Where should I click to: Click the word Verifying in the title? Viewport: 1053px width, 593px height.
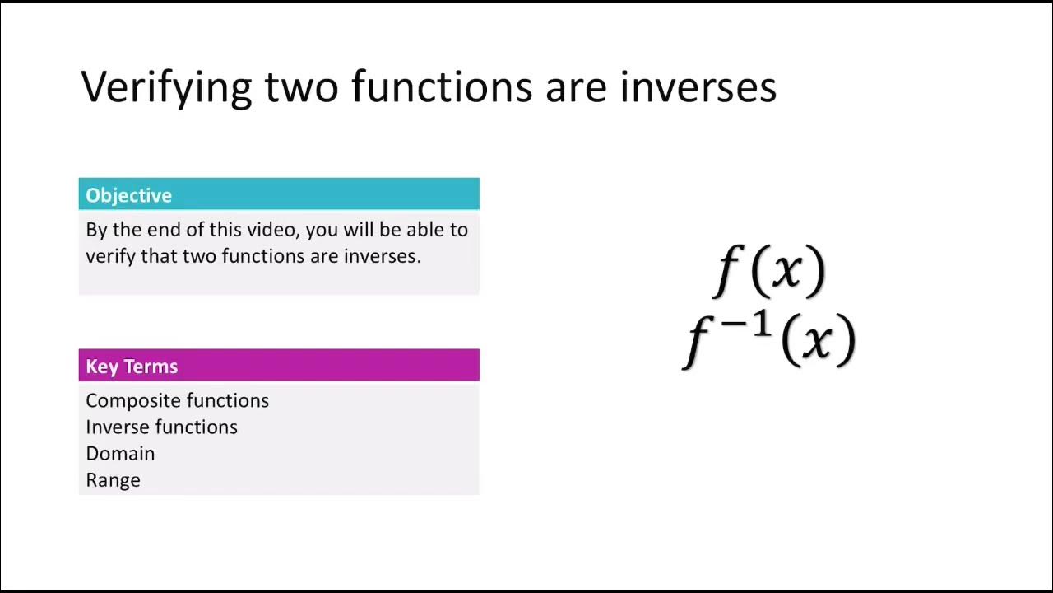pos(165,87)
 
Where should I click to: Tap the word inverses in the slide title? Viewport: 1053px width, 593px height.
pos(698,87)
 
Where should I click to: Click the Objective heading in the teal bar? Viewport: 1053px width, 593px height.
pos(128,195)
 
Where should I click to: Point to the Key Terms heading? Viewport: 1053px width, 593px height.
pos(132,367)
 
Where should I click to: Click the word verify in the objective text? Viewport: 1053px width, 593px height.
pos(110,256)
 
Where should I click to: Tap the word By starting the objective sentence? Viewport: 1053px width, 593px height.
pos(96,230)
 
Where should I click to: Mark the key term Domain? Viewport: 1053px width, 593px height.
pos(120,454)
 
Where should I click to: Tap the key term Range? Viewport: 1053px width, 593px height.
pos(113,480)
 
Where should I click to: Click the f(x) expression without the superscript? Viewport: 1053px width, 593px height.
pos(770,269)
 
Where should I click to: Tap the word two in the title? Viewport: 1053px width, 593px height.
pos(301,87)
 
